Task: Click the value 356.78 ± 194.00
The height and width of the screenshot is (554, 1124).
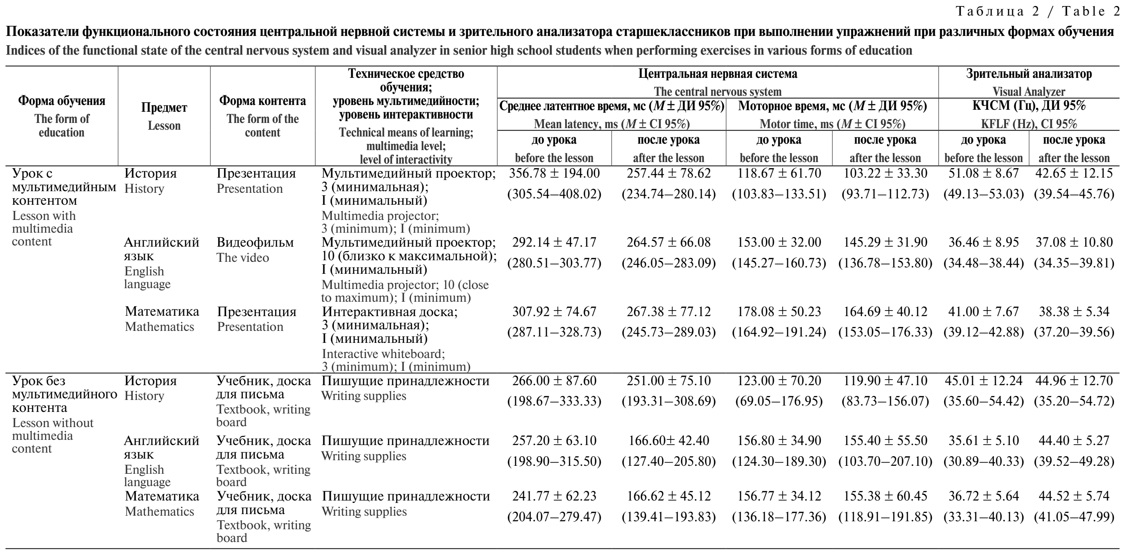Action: (554, 174)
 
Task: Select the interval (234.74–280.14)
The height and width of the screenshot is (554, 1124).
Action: (668, 194)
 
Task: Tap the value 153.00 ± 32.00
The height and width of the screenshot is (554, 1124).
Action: (779, 243)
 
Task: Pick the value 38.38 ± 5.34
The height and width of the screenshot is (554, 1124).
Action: (1074, 312)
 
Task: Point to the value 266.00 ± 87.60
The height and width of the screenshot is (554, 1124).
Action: (554, 381)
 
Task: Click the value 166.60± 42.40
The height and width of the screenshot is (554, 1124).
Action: (668, 441)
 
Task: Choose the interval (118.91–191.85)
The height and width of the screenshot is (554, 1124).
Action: (885, 517)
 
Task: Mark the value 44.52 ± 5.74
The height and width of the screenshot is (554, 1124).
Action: (1074, 497)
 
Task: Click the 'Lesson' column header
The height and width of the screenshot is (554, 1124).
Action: (164, 126)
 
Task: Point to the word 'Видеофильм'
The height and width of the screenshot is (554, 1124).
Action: (255, 243)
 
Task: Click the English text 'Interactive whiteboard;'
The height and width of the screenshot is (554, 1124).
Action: (383, 354)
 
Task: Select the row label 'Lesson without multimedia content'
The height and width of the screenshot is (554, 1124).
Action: (52, 436)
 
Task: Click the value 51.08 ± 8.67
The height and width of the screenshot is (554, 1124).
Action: (984, 174)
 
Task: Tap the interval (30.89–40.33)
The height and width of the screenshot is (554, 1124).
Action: (984, 461)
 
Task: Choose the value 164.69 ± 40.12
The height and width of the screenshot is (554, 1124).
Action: (885, 312)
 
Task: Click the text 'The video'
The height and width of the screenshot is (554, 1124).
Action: (243, 258)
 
